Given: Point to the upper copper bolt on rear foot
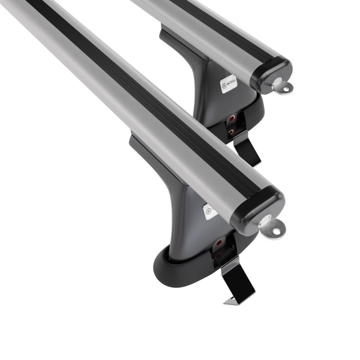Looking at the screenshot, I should pos(230,118).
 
